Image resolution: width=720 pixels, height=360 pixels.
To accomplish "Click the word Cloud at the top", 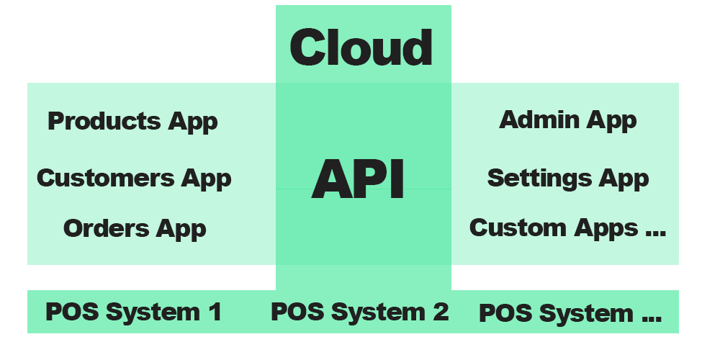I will (361, 48).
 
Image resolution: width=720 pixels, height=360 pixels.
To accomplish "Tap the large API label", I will (358, 179).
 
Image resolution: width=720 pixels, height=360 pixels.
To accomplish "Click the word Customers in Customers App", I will (106, 177).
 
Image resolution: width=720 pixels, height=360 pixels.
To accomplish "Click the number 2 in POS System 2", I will (440, 312).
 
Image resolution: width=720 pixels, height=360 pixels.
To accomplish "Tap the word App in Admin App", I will (611, 120).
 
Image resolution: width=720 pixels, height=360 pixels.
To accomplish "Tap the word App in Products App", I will (193, 122).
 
